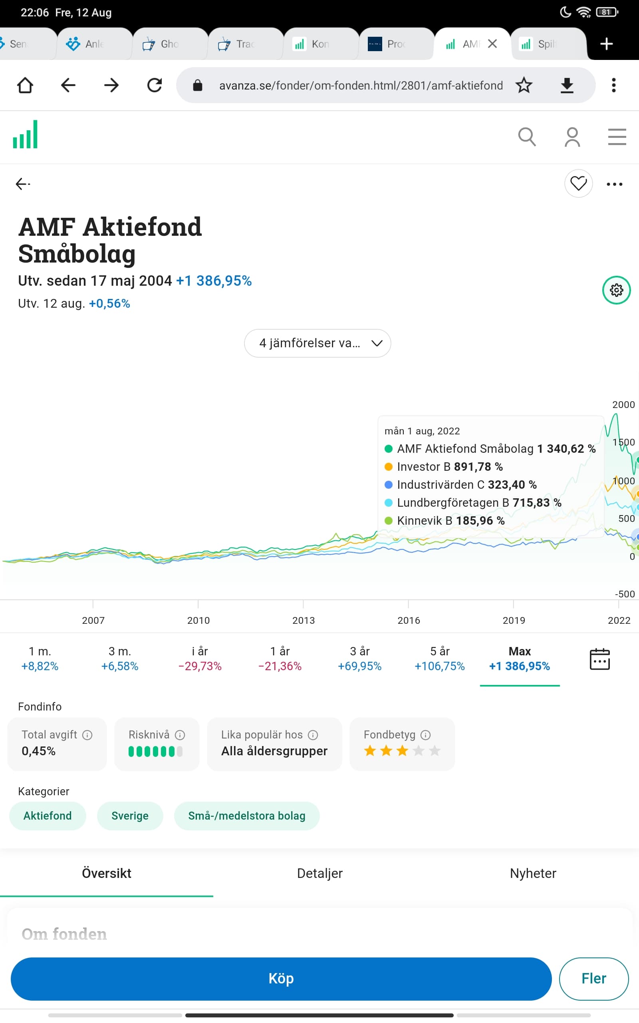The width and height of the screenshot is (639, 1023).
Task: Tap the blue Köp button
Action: click(x=281, y=978)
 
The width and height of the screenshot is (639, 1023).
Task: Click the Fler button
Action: click(x=593, y=978)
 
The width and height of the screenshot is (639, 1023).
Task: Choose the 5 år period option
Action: click(x=440, y=658)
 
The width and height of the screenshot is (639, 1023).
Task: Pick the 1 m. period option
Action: click(x=40, y=658)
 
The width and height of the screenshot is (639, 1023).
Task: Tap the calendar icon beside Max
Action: click(x=599, y=659)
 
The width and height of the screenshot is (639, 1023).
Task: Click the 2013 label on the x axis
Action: click(x=304, y=620)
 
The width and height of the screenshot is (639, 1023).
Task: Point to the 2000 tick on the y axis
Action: click(x=623, y=404)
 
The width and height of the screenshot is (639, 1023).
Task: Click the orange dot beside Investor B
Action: click(x=388, y=467)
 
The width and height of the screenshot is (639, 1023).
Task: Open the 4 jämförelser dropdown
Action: click(x=318, y=343)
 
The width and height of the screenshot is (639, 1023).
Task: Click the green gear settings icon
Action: click(x=616, y=290)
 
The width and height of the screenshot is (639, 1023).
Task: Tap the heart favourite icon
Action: click(x=578, y=183)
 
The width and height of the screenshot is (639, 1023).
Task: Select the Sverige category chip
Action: click(x=130, y=816)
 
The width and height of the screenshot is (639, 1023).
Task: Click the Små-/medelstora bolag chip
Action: click(x=247, y=816)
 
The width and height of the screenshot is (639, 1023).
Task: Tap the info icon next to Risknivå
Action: click(x=180, y=735)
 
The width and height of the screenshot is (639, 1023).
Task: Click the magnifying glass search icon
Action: click(x=527, y=137)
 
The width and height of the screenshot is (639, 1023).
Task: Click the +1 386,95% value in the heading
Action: click(x=214, y=281)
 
